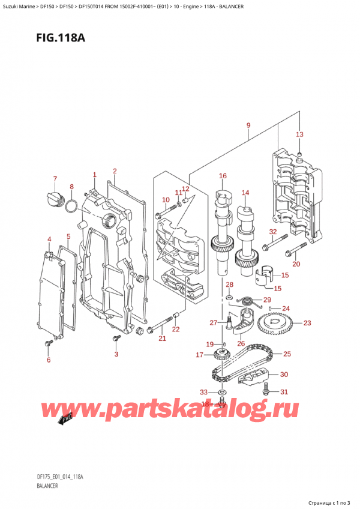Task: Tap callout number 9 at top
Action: [248, 125]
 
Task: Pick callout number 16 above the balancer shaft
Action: [223, 176]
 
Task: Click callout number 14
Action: [245, 193]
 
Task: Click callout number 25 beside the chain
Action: [287, 354]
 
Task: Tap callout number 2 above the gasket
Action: [114, 171]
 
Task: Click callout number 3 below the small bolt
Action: [116, 354]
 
